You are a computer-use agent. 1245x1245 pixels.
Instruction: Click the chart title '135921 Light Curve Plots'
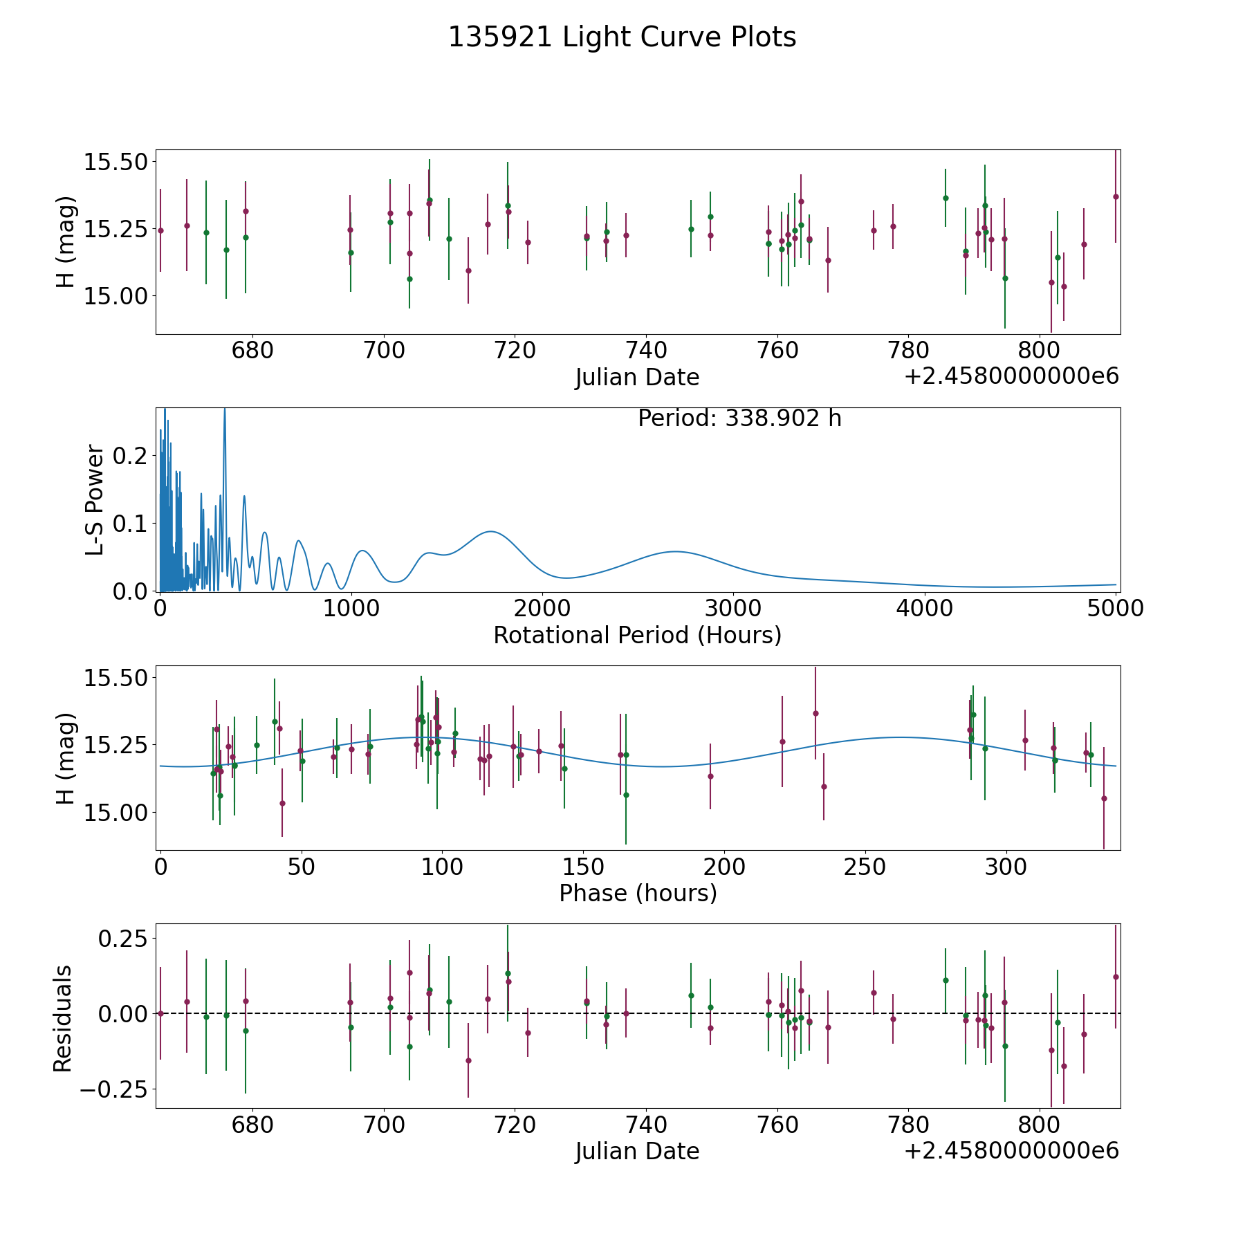622,37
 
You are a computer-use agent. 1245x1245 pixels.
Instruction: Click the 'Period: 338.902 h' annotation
739,418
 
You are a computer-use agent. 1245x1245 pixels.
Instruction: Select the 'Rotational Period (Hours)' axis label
637,635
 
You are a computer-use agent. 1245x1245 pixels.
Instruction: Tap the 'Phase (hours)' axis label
638,893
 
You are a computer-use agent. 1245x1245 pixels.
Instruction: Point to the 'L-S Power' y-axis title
95,500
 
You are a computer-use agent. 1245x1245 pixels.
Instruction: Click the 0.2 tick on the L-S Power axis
130,456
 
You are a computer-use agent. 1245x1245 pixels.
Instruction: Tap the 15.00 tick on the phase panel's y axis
116,812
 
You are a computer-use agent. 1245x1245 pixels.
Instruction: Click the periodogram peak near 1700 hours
490,531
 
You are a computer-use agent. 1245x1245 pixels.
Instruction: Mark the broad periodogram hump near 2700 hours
675,551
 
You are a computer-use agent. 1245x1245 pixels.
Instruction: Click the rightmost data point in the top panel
1116,196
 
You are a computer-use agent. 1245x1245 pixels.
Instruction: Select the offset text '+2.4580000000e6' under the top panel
1011,376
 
